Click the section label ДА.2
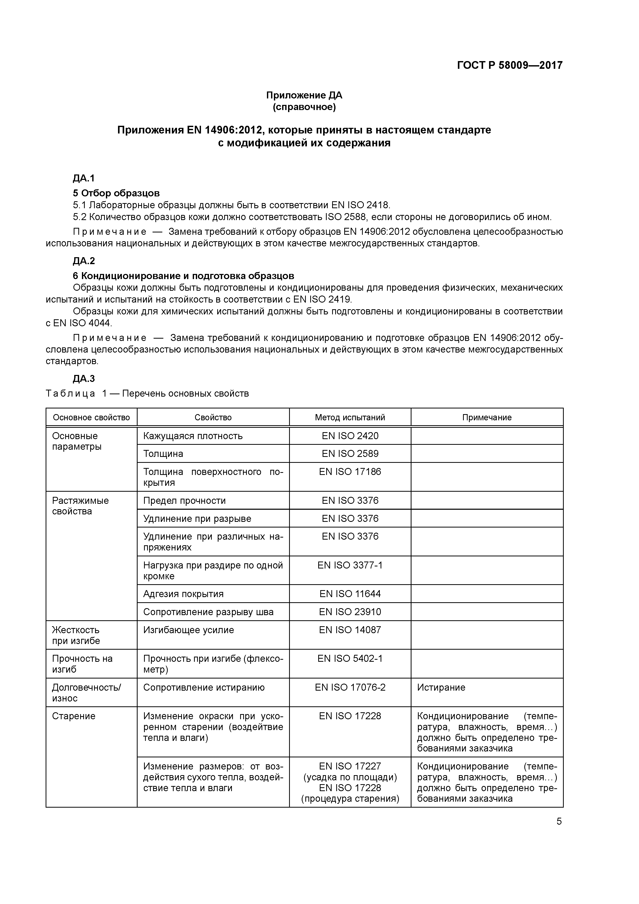coord(84,261)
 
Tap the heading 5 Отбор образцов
coord(116,193)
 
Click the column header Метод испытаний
coord(350,417)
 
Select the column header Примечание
coord(487,417)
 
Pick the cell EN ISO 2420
coord(350,436)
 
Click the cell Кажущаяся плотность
coord(193,436)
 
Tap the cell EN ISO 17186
coord(350,471)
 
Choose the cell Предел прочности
coord(184,500)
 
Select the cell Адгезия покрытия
coord(183,594)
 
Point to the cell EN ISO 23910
coord(350,612)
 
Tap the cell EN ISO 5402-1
coord(350,658)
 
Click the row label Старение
coord(74,716)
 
